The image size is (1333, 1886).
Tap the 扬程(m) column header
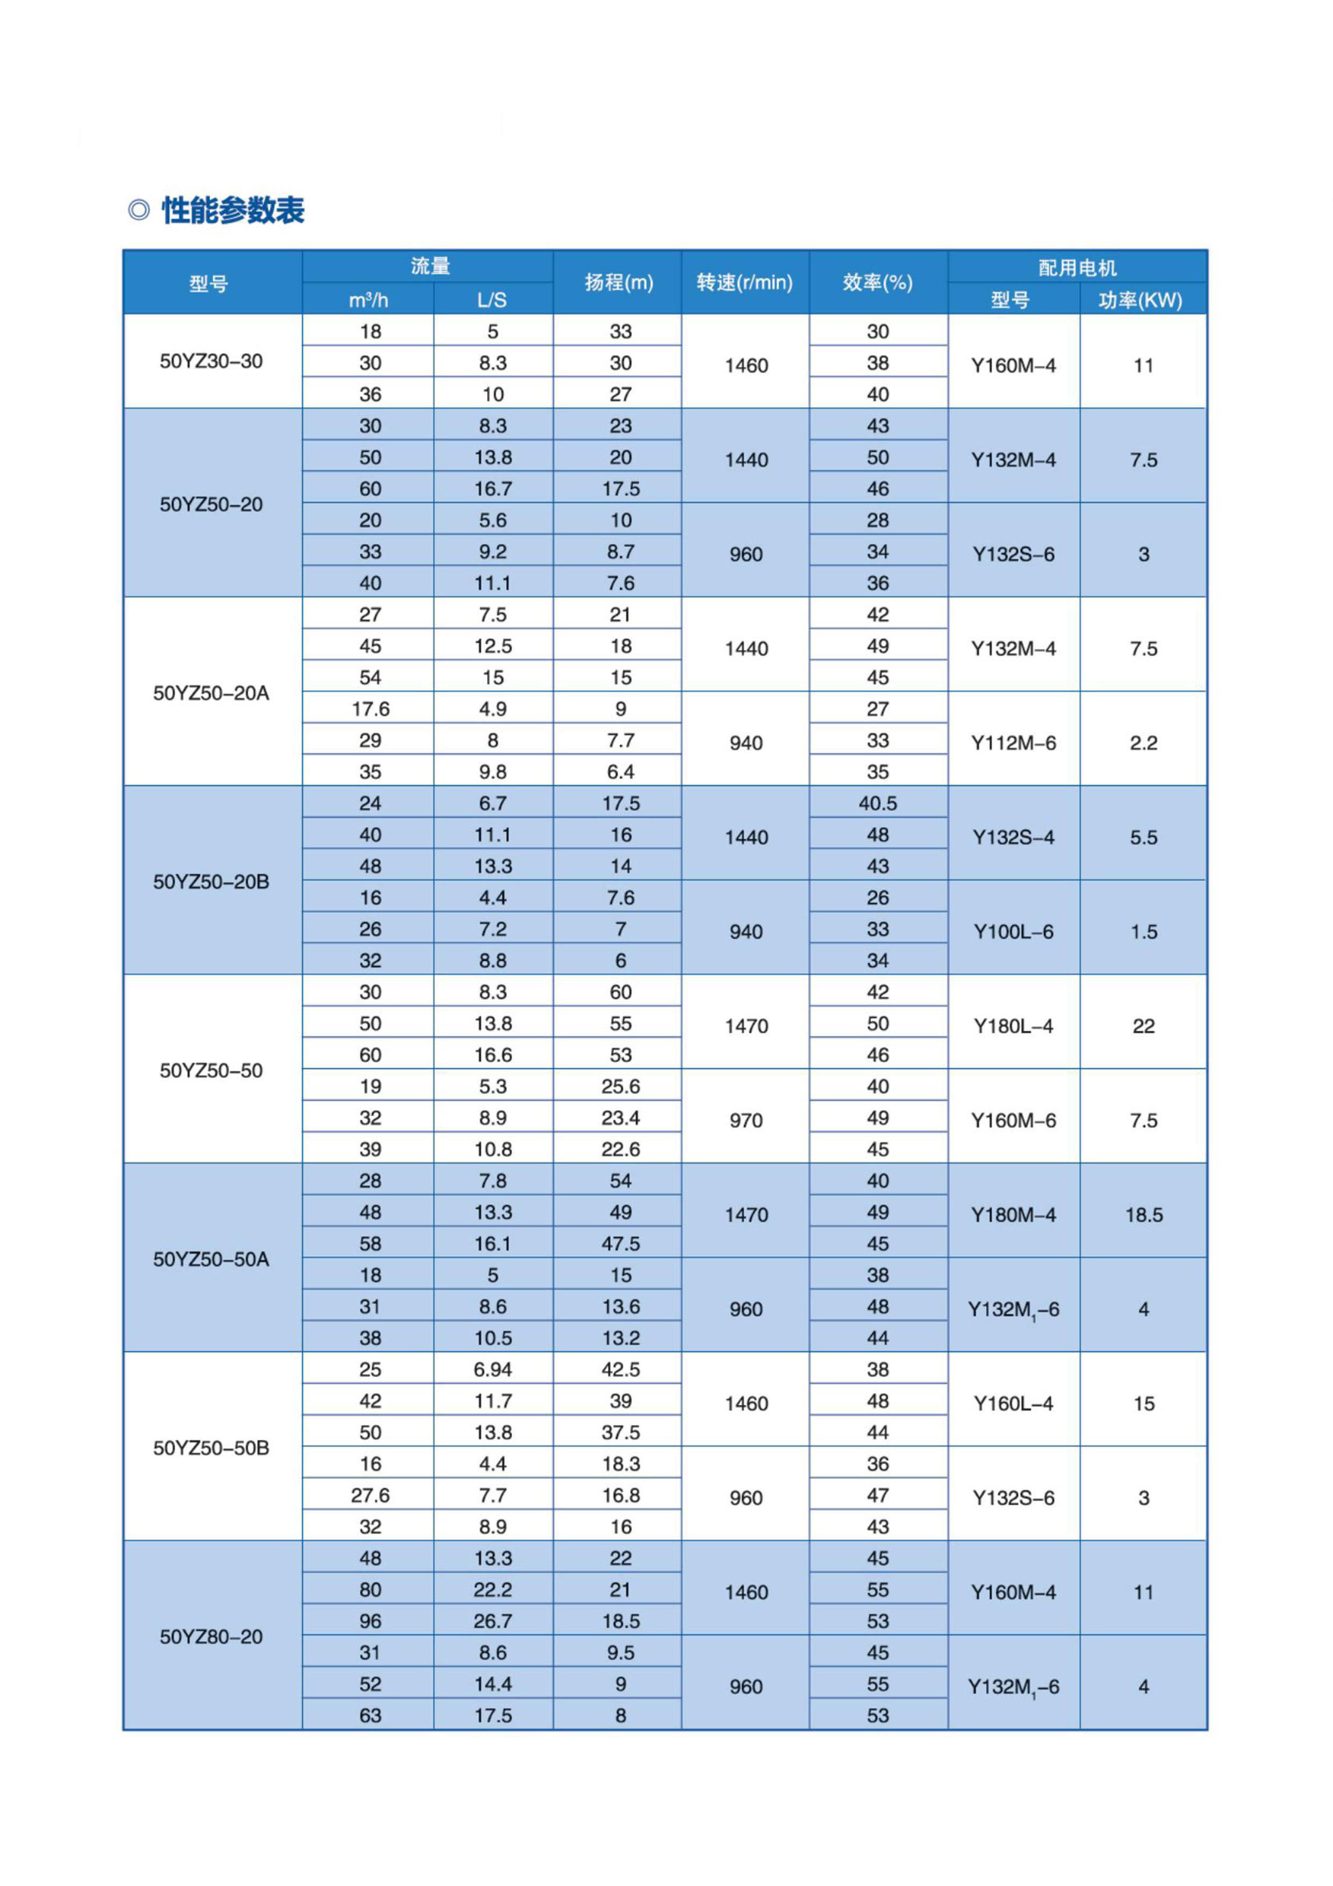click(619, 283)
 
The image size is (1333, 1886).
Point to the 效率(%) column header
click(877, 283)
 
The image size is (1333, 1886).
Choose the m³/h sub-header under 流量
click(368, 300)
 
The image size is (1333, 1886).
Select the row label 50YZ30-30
click(211, 361)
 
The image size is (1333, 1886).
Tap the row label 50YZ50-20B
click(211, 881)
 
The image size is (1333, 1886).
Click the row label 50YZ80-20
click(211, 1637)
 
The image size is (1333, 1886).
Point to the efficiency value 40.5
click(877, 803)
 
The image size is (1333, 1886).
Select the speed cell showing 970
click(745, 1120)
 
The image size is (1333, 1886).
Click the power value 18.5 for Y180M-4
click(1143, 1215)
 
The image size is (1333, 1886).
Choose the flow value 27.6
click(370, 1495)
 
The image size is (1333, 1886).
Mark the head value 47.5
click(620, 1244)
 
